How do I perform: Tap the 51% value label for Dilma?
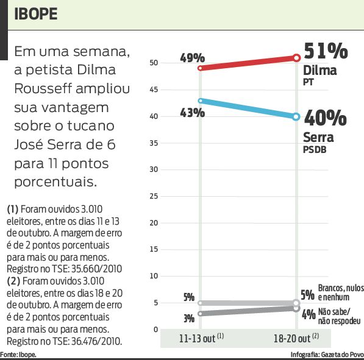click(x=326, y=51)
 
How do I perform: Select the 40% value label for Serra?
click(x=326, y=116)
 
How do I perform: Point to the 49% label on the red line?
click(x=192, y=58)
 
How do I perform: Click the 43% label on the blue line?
click(x=192, y=113)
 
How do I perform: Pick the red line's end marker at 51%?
click(x=296, y=58)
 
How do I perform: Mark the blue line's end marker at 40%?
click(x=296, y=116)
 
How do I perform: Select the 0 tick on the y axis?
click(x=155, y=330)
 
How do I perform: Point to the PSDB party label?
click(x=315, y=150)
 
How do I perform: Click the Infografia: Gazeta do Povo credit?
click(x=327, y=355)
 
